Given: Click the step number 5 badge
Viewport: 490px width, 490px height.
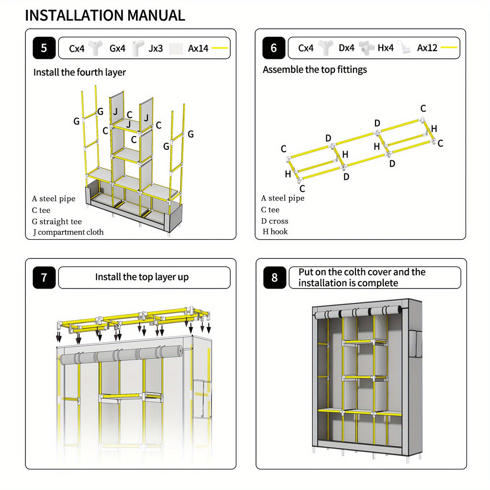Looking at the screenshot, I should [44, 48].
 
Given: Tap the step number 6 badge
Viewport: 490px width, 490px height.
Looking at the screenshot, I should [274, 48].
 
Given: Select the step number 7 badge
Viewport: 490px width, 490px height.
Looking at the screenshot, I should [44, 278].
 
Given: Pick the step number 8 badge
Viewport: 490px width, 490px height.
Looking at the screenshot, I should [274, 278].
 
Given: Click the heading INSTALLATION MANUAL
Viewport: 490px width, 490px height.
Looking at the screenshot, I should [105, 15].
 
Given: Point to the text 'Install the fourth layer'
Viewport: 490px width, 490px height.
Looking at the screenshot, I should [79, 72].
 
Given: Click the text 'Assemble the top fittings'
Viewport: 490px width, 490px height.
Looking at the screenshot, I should [314, 69].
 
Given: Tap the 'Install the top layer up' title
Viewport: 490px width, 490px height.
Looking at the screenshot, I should [142, 277].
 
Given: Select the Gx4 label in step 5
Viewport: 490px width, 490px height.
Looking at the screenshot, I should [117, 48].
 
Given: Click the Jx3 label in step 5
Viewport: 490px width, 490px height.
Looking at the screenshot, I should [156, 48].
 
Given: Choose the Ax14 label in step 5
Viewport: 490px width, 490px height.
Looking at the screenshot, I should [198, 48].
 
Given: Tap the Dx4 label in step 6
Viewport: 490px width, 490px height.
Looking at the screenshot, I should [346, 48].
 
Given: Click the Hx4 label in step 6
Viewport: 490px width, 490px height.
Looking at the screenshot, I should [385, 48].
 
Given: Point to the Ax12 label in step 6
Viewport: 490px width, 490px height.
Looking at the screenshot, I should [427, 48].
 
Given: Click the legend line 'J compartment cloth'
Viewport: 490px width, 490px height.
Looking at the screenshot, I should [67, 233].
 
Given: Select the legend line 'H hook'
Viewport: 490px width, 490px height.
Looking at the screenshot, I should [275, 232].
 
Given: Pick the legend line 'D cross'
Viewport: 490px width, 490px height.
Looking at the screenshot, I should [275, 221].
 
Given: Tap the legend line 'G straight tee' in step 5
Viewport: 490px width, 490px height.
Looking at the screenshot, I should [57, 222].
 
